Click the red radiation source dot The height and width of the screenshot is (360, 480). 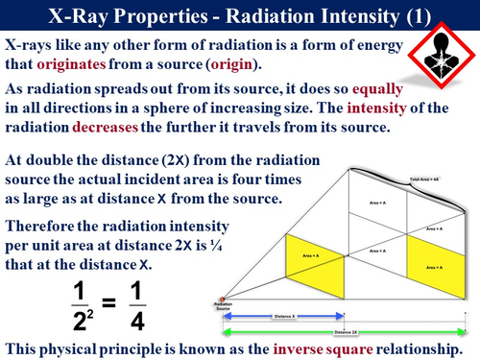click(226, 298)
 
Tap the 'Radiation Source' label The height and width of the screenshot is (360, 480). click(227, 307)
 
